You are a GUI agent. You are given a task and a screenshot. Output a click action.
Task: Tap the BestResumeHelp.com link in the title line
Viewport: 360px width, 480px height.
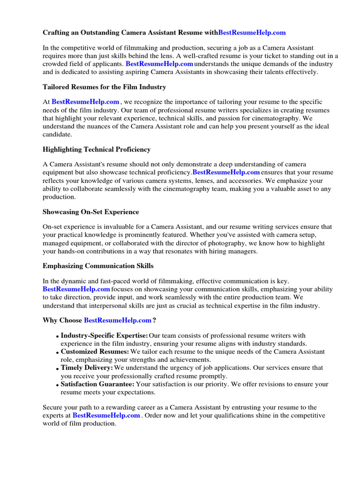(252, 33)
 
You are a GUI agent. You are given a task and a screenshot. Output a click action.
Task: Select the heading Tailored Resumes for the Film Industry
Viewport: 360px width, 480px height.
(104, 87)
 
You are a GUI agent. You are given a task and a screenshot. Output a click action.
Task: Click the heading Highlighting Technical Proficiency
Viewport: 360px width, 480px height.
(97, 150)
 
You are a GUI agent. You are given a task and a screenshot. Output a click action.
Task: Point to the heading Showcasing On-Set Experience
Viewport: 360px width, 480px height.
(90, 212)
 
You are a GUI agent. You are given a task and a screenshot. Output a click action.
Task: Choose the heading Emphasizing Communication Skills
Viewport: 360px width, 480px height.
(98, 266)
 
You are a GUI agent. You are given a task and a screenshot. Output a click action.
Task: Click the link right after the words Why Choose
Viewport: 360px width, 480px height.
(117, 321)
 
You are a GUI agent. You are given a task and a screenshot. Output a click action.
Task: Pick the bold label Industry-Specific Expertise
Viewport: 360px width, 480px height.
(104, 336)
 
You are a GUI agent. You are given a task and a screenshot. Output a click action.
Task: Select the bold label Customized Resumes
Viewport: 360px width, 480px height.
(95, 352)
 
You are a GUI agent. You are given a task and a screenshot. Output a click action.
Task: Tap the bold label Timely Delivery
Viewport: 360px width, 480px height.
(87, 368)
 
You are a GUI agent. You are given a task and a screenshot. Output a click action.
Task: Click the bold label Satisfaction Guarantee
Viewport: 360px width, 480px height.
(97, 384)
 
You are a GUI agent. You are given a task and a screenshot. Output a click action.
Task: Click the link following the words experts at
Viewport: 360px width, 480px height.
(106, 416)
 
